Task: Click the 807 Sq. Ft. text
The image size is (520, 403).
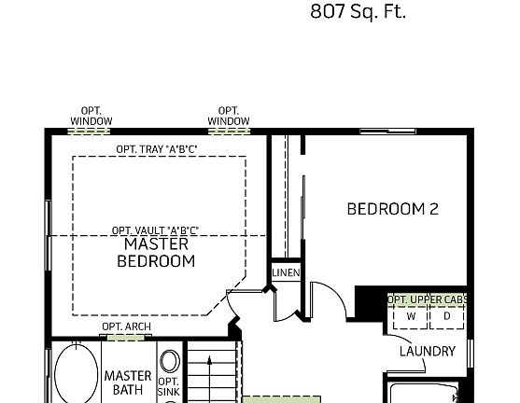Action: point(358,13)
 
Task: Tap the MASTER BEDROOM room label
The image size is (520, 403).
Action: point(156,253)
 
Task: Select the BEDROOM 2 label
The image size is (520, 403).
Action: point(392,209)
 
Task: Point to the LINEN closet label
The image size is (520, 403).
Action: point(286,272)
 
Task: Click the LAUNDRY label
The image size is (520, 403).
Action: point(427,352)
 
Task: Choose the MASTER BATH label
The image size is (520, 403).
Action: point(128,382)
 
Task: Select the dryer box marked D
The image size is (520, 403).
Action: point(446,316)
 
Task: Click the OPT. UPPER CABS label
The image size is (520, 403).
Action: point(428,299)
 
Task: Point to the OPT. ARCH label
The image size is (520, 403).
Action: point(126,327)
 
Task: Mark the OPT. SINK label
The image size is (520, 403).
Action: point(168,387)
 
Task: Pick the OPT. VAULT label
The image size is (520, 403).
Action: point(155,230)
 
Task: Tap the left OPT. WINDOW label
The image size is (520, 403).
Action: point(91,116)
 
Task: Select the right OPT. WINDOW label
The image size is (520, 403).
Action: point(229,116)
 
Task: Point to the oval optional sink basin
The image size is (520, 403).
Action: point(169,361)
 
